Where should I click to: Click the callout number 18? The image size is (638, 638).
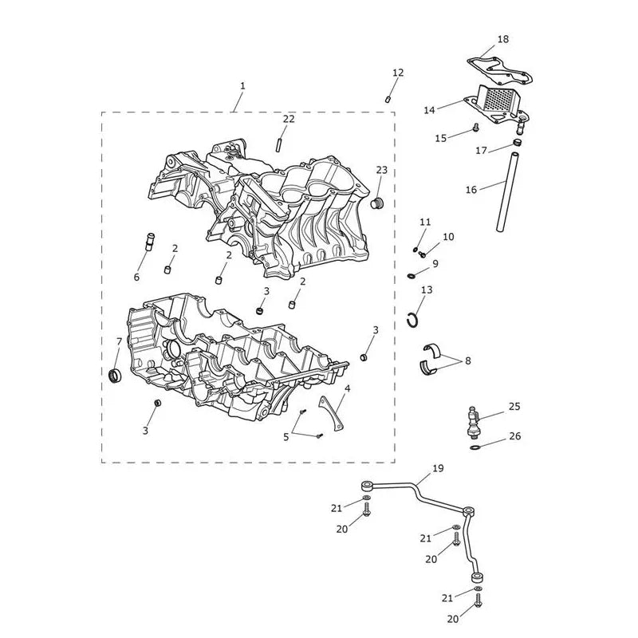pos(503,39)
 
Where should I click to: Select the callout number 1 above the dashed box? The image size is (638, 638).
pos(242,86)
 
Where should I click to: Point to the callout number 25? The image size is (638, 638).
pos(514,406)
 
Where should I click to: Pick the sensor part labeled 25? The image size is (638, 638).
pos(474,423)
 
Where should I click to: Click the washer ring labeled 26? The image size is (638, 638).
pos(475,447)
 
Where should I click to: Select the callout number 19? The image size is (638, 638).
pos(438,468)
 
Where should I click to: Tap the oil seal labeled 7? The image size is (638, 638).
pos(116,374)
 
